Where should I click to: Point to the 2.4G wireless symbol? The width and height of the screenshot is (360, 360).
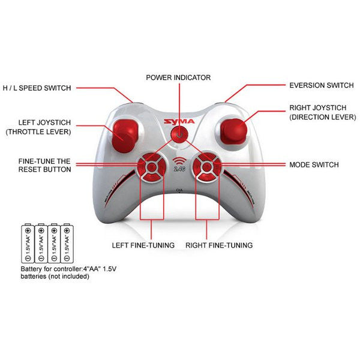180,165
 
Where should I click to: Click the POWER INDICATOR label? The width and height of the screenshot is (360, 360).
179,77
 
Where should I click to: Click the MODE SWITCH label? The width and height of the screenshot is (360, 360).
314,164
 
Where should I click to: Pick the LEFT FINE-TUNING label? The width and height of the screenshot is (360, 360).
143,245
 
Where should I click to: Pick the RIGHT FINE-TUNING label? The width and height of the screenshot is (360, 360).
218,245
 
